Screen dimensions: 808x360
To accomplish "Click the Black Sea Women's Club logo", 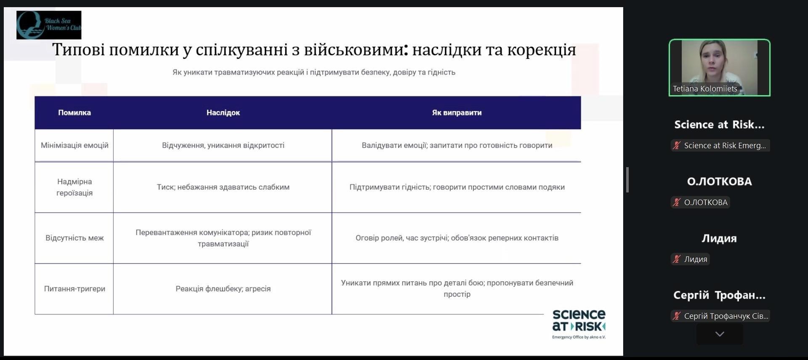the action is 49,25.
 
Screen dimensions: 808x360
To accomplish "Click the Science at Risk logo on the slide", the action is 579,324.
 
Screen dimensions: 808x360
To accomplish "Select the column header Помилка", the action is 74,112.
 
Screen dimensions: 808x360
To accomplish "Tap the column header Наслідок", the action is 223,112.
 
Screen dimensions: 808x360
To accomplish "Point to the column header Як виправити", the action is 457,112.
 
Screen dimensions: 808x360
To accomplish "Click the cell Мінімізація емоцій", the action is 74,145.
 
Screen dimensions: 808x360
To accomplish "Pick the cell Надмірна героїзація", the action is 74,187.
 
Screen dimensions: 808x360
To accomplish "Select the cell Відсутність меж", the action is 74,238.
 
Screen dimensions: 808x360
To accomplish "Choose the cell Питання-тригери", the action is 74,288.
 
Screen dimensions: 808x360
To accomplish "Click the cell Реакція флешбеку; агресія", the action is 223,288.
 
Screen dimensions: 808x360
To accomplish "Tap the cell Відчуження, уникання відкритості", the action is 223,145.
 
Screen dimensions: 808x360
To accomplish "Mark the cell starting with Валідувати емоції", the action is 457,145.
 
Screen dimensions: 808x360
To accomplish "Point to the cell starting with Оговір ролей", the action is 457,238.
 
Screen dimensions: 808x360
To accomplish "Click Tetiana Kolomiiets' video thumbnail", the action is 720,67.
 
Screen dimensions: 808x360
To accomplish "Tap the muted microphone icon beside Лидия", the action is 676,259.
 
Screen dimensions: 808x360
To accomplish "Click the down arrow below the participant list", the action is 720,334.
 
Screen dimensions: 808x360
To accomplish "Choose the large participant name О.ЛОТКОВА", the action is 719,181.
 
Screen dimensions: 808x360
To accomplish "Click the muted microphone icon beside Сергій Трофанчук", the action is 676,316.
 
